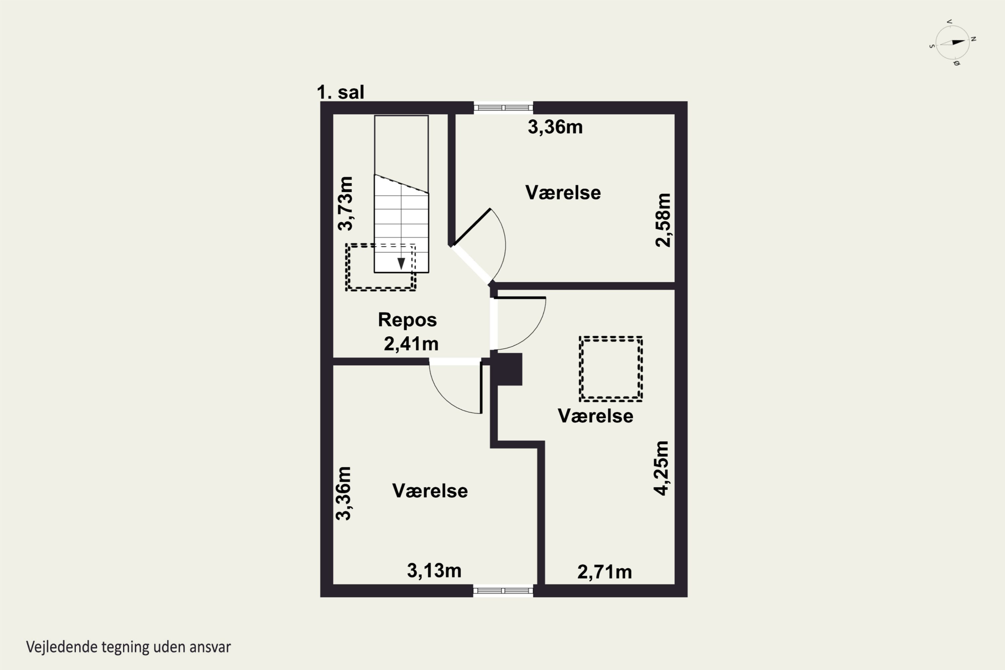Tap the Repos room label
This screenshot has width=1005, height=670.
[x=407, y=320]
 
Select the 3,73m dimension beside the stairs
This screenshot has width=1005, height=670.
[x=345, y=203]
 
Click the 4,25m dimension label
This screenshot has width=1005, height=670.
[x=661, y=468]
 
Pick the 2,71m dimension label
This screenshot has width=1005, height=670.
[x=604, y=572]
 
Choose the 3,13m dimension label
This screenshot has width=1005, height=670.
[x=434, y=571]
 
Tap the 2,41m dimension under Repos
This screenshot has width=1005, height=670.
[x=411, y=344]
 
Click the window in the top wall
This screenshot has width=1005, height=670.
[x=504, y=108]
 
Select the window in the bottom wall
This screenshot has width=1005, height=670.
[x=504, y=591]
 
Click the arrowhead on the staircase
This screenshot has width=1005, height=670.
[x=401, y=264]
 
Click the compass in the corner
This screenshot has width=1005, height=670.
[x=952, y=42]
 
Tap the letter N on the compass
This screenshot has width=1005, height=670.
[x=974, y=39]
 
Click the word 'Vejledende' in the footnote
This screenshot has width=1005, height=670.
[x=62, y=647]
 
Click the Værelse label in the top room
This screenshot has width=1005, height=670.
[x=563, y=193]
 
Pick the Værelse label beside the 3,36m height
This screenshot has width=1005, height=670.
[x=430, y=491]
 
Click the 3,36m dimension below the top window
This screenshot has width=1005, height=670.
[x=555, y=127]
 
